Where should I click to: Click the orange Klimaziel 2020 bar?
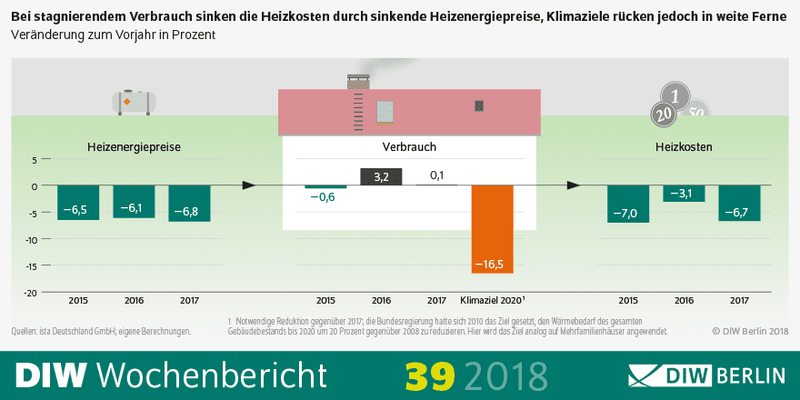point(492,228)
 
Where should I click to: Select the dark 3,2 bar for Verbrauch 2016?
point(381,177)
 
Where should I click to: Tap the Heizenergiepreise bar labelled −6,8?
point(189,203)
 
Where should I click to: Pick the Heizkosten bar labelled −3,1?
point(684,193)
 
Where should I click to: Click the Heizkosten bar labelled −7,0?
point(628,204)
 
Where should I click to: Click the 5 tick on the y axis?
point(34,159)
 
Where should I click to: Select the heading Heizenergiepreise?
point(134,146)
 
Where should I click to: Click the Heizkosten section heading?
point(684,146)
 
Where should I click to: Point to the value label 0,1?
point(436,175)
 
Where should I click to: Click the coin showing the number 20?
point(663,114)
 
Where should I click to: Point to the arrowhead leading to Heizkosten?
point(573,185)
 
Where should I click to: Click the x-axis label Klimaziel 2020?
point(493,300)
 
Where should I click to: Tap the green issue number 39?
point(429,375)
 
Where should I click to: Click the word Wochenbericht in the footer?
point(211,375)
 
